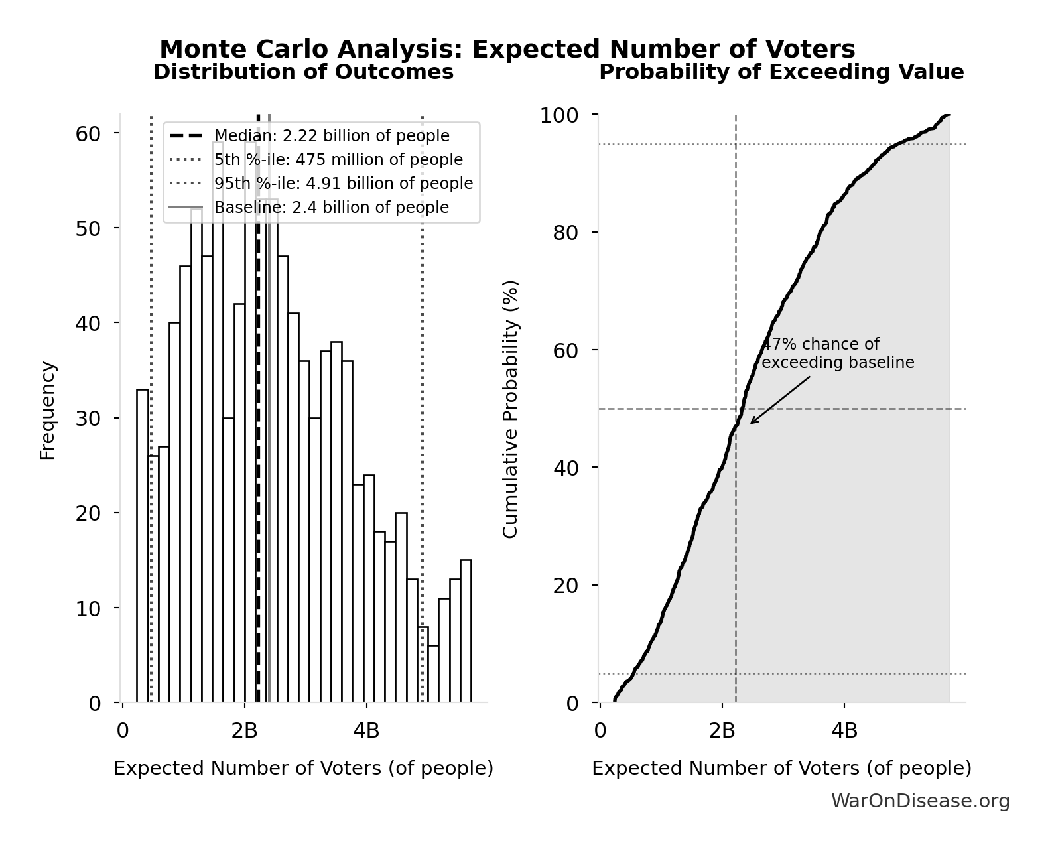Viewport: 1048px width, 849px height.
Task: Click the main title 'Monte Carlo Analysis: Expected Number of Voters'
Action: pyautogui.click(x=507, y=49)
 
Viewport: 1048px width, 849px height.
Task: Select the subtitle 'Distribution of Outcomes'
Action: pyautogui.click(x=304, y=72)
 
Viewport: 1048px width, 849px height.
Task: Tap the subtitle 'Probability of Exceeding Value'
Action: pyautogui.click(x=781, y=72)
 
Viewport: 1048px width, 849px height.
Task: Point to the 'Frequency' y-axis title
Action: pyautogui.click(x=48, y=410)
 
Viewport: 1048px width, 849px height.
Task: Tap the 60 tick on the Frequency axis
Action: pyautogui.click(x=88, y=134)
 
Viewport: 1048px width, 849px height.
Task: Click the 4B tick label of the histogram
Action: pyautogui.click(x=366, y=731)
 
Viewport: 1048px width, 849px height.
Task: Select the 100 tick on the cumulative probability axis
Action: pyautogui.click(x=558, y=115)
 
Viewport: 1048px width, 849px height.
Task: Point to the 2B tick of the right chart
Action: pyautogui.click(x=722, y=731)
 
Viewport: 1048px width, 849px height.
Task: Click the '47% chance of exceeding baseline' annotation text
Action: pyautogui.click(x=837, y=354)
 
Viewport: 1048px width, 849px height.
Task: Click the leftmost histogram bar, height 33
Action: pyautogui.click(x=143, y=545)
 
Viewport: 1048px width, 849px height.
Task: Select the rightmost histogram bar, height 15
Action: pyautogui.click(x=466, y=631)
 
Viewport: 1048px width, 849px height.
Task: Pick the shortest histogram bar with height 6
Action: pyautogui.click(x=433, y=673)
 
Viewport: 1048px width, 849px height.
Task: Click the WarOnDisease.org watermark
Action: pyautogui.click(x=920, y=801)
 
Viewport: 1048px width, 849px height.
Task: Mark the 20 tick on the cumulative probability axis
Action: pyautogui.click(x=565, y=586)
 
